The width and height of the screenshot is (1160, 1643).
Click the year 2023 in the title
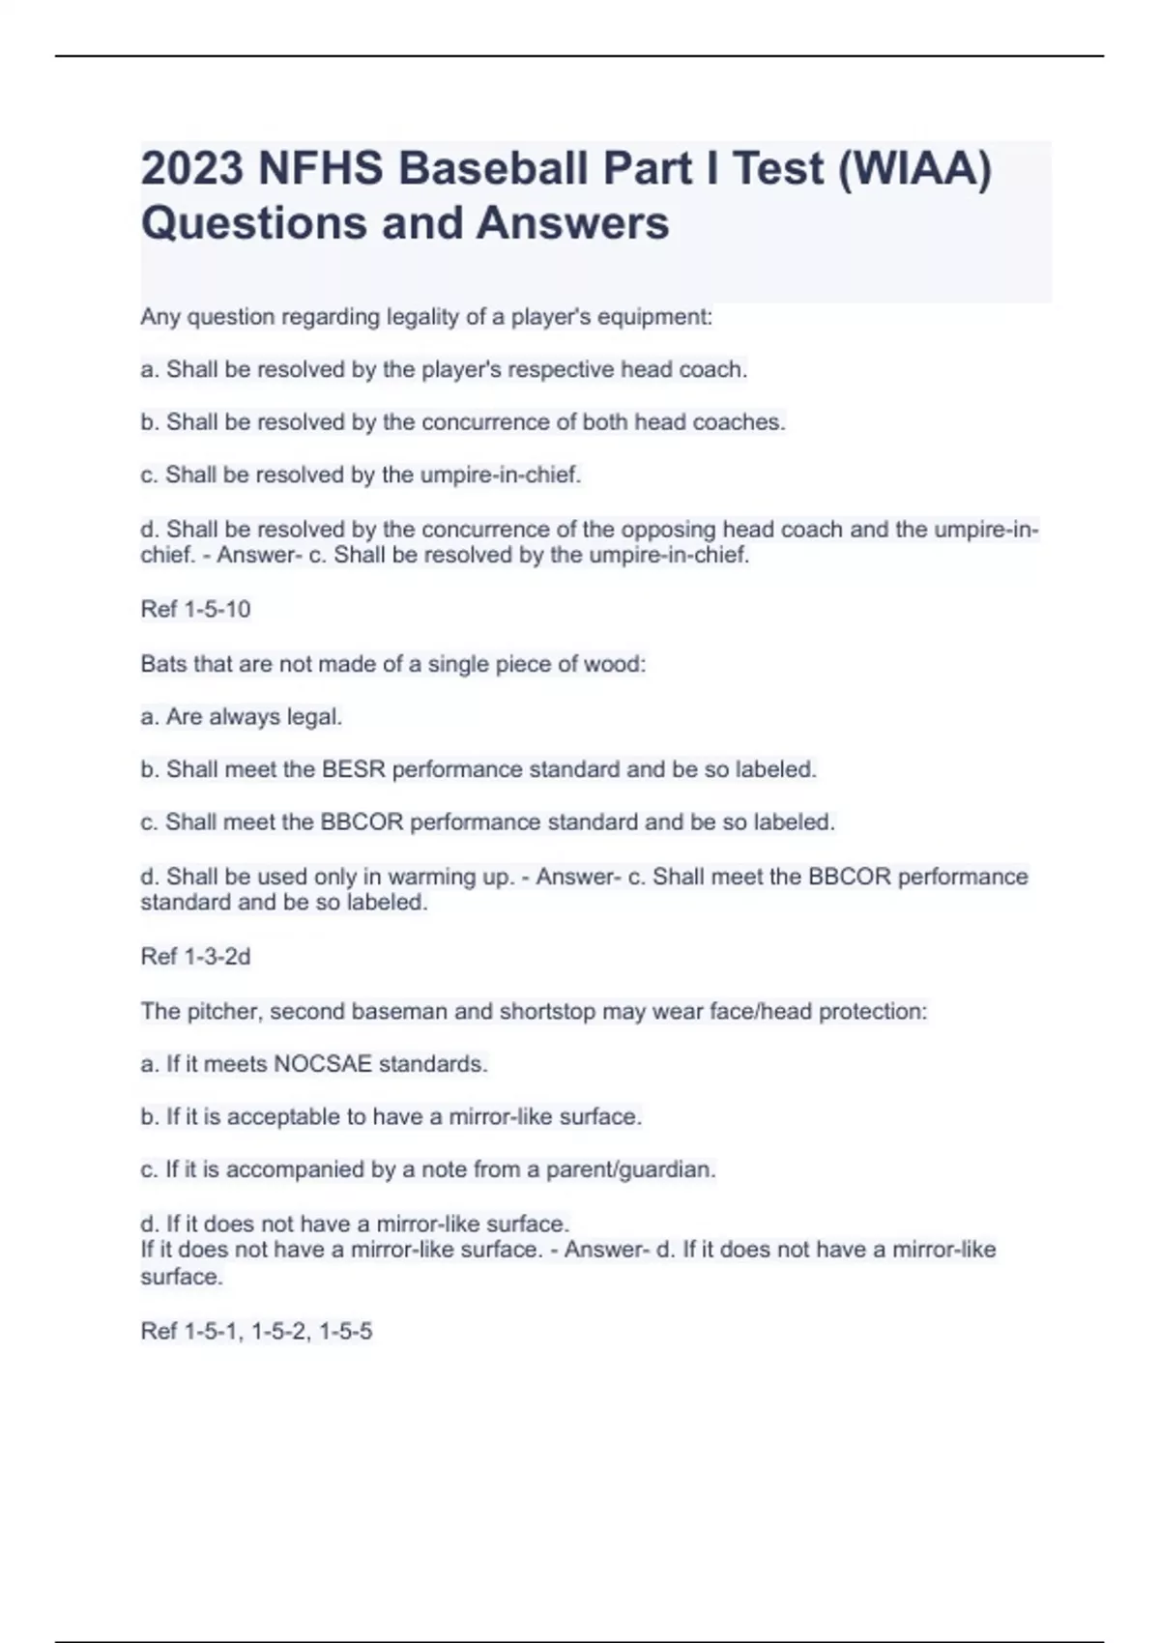[x=191, y=169]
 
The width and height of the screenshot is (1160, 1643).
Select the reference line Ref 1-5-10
[x=195, y=609]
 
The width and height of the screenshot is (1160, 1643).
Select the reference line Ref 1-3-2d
[x=195, y=957]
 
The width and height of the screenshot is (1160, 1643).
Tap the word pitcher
[x=221, y=1012]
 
